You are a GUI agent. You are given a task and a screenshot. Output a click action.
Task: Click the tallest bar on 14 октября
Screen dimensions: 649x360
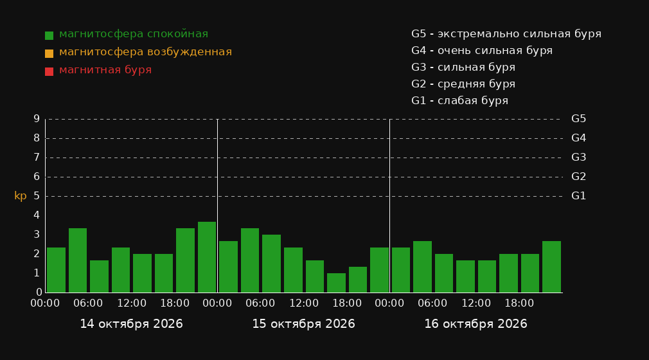(207, 257)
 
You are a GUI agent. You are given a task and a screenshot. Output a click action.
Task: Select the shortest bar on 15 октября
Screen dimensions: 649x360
(336, 283)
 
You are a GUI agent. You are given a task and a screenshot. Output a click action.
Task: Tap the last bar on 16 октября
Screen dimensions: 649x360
(551, 267)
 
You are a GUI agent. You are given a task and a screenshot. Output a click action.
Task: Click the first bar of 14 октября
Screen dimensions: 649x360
(57, 270)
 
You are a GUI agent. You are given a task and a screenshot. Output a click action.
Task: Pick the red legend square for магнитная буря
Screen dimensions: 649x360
(49, 71)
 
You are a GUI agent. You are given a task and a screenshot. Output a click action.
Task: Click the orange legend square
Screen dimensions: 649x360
(49, 53)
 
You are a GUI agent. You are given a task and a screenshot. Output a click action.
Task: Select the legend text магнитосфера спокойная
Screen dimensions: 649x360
(134, 34)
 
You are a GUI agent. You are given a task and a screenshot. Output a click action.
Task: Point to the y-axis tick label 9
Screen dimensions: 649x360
(37, 119)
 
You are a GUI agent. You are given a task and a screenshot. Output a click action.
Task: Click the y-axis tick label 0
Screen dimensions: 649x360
(39, 292)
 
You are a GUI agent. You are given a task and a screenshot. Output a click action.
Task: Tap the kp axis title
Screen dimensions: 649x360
(21, 195)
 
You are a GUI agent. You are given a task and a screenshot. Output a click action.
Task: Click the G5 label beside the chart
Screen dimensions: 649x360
(578, 119)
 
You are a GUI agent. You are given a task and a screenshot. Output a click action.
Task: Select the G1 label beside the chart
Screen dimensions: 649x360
(578, 196)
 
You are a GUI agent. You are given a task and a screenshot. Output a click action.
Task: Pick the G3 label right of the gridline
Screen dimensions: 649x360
(578, 157)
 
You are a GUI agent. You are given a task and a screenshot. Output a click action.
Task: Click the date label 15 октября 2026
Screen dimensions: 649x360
(303, 324)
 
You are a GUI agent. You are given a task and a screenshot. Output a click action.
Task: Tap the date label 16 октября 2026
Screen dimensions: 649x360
(476, 324)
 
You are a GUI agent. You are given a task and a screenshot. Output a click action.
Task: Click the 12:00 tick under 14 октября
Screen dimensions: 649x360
(132, 303)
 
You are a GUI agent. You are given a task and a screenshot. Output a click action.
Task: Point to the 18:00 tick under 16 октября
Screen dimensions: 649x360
(519, 303)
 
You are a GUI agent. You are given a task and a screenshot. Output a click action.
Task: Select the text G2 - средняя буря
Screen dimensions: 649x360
(463, 84)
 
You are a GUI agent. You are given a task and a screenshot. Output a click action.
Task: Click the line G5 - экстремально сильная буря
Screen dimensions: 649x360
(506, 34)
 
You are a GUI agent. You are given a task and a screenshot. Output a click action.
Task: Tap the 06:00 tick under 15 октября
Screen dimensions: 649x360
(260, 303)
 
